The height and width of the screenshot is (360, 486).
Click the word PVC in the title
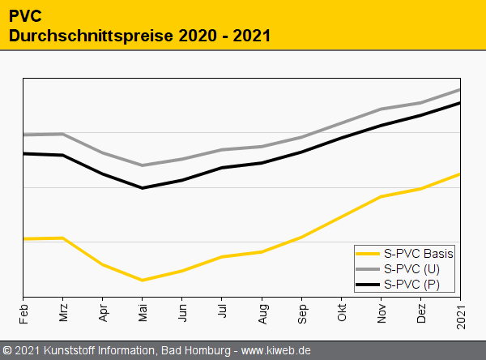(x=24, y=15)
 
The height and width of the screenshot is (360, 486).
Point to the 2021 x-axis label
(x=460, y=314)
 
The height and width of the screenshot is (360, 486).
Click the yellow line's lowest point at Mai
(x=143, y=281)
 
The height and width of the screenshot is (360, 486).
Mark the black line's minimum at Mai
(x=143, y=188)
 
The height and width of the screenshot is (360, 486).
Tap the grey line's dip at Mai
(x=143, y=165)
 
